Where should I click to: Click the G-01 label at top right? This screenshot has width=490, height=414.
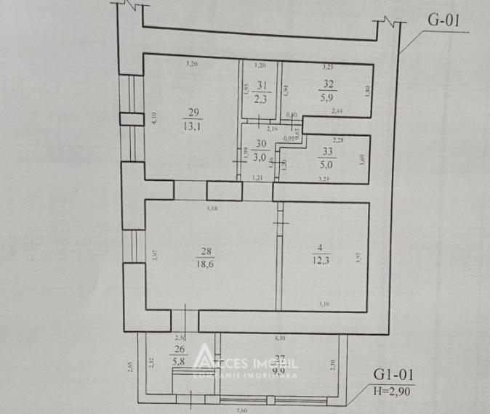pos(443,20)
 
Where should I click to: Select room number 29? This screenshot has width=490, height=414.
pos(193,112)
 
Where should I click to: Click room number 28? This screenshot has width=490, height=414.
pos(205,253)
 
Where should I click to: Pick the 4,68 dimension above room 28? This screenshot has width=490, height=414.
pos(212,209)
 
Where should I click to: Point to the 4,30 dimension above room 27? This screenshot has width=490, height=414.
pos(280,338)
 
